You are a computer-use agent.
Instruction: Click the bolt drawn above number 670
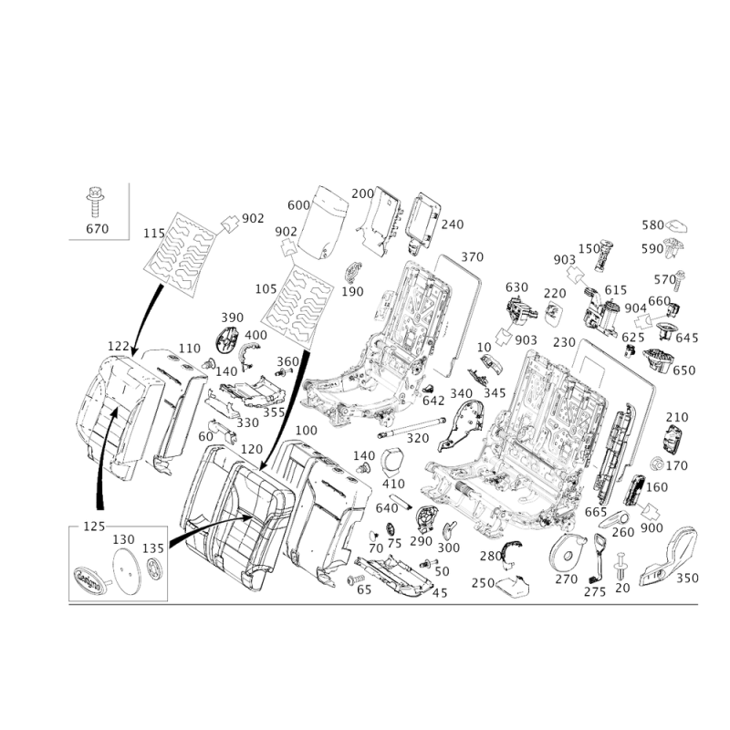[95, 202]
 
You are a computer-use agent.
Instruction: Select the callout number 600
[298, 205]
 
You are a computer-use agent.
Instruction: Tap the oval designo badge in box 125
[89, 579]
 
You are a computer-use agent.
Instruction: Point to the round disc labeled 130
[127, 570]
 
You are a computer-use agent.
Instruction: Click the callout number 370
[472, 257]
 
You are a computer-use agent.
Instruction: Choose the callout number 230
[564, 343]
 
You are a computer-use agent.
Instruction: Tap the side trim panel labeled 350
[668, 557]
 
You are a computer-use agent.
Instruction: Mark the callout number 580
[652, 225]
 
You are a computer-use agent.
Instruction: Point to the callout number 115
[154, 234]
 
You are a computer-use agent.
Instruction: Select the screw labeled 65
[356, 579]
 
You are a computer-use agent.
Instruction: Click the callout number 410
[393, 485]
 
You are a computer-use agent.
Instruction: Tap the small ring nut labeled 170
[657, 464]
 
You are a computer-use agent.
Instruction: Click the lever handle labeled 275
[599, 558]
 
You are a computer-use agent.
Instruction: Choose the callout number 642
[433, 401]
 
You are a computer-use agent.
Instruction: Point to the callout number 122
[119, 347]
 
